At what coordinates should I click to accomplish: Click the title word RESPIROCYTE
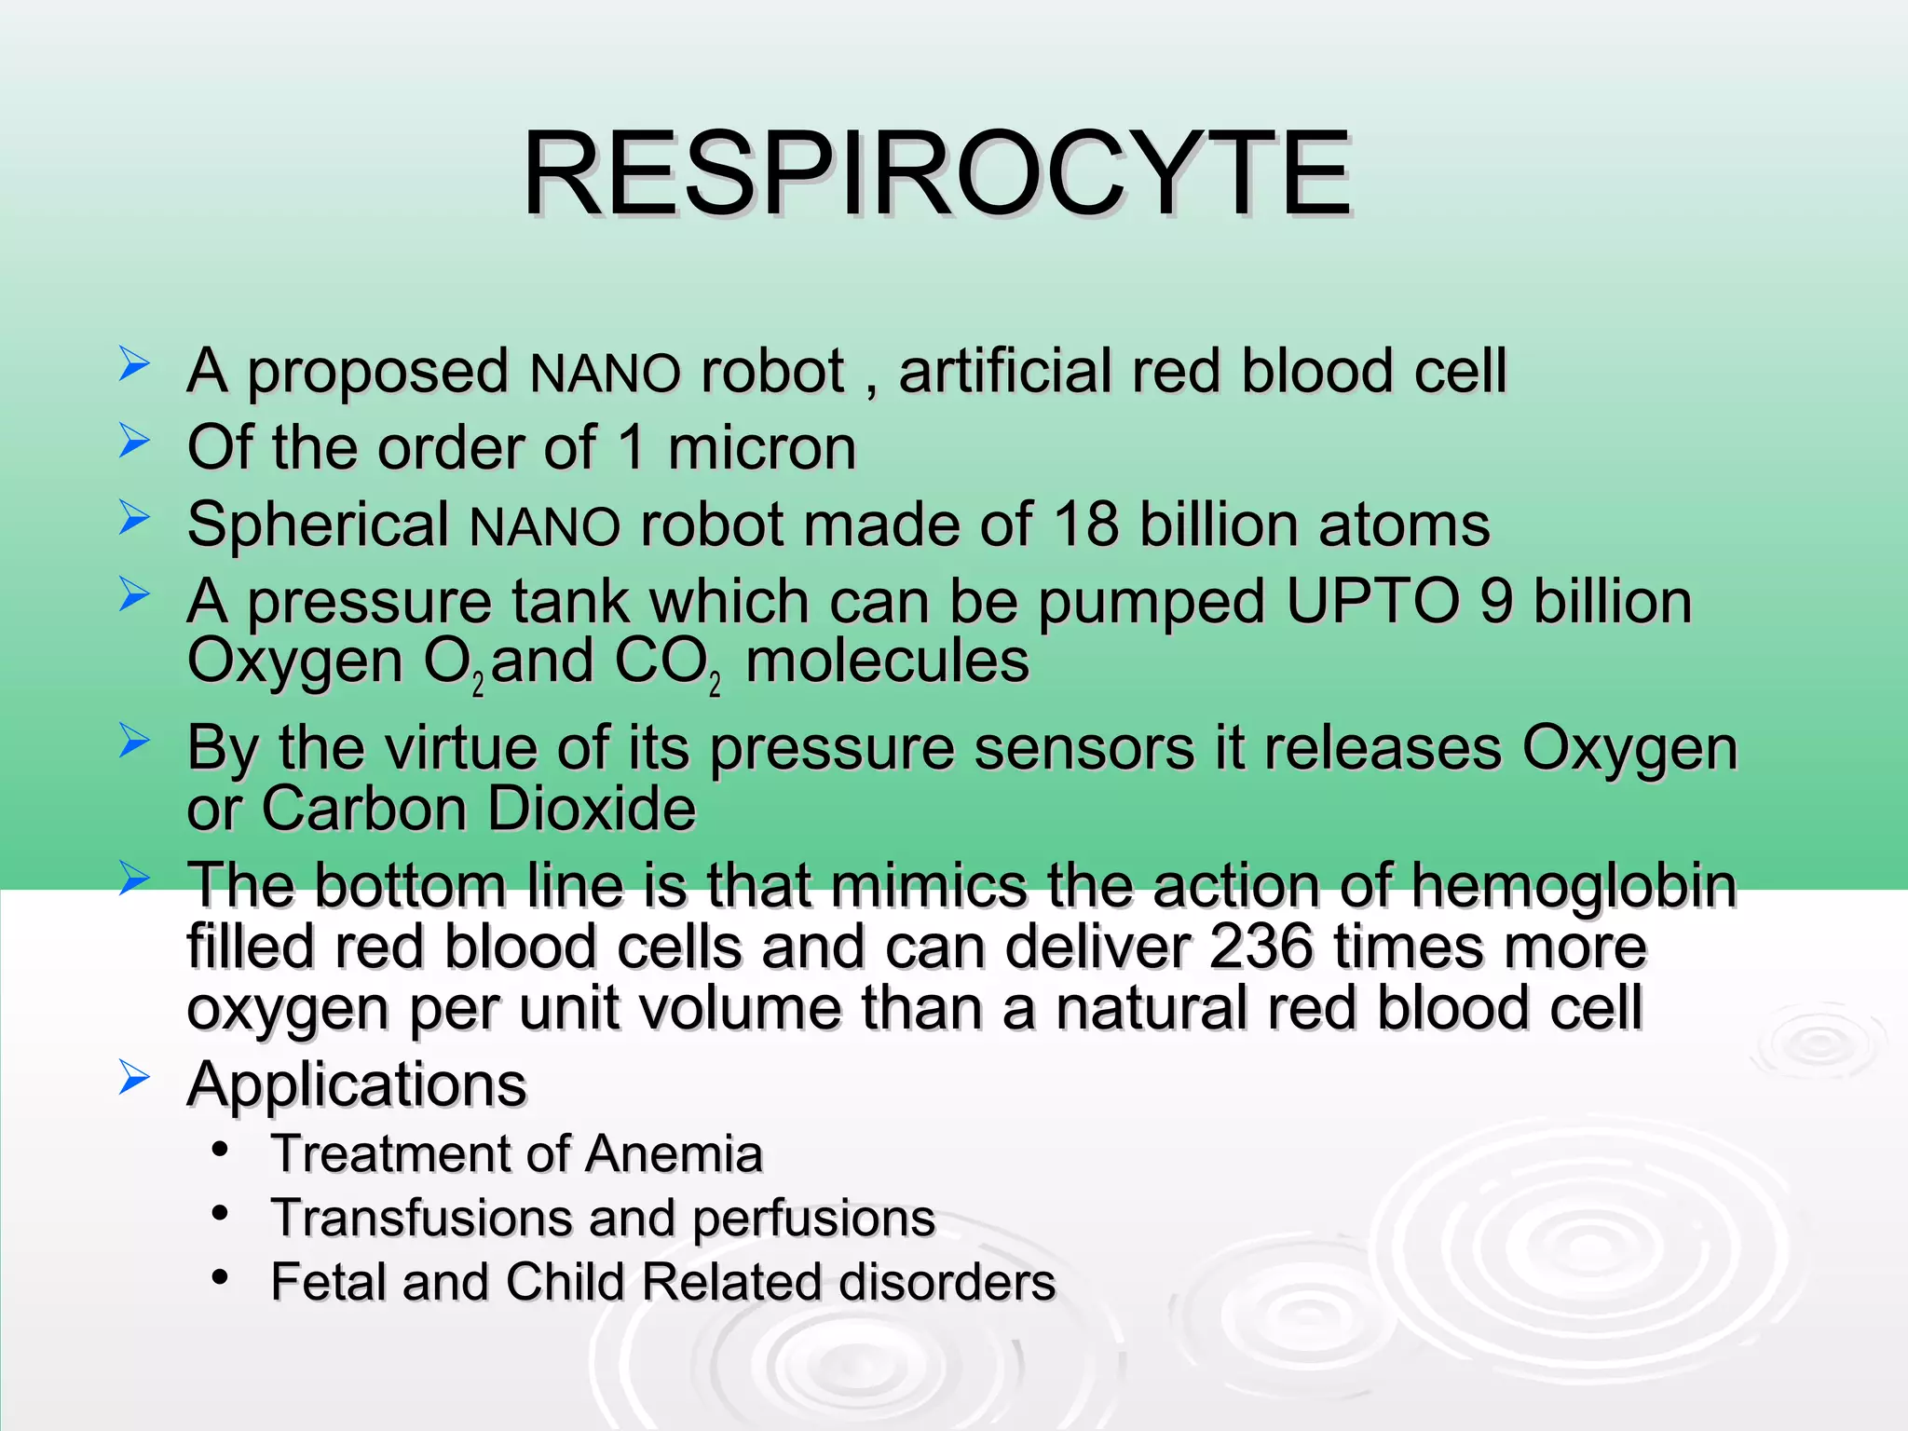(x=935, y=175)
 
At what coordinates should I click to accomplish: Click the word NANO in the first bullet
(x=605, y=374)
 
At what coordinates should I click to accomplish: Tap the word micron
(x=761, y=448)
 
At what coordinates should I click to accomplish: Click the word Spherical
(x=319, y=526)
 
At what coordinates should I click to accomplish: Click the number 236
(x=1261, y=947)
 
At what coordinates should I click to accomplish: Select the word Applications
(x=357, y=1085)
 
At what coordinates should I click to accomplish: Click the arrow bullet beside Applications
(x=134, y=1079)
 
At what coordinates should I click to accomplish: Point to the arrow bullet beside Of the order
(x=134, y=441)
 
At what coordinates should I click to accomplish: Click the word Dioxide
(x=592, y=809)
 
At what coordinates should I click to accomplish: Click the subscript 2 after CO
(x=715, y=685)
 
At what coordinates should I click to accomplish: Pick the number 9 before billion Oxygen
(x=1495, y=601)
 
